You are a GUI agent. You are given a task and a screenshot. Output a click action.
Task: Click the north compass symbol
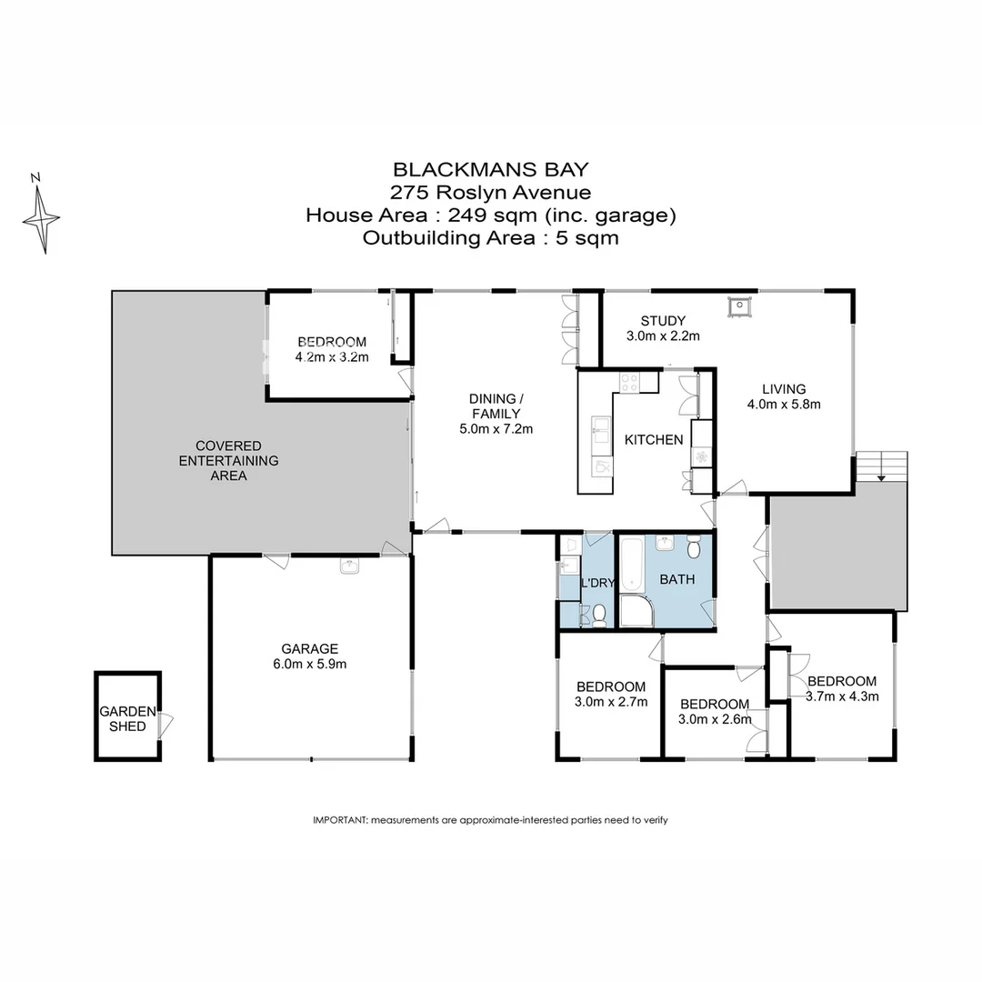pyautogui.click(x=41, y=216)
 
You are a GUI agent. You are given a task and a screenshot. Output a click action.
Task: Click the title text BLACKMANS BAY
pyautogui.click(x=490, y=169)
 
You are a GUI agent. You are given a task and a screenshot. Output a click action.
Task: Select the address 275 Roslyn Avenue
pyautogui.click(x=490, y=192)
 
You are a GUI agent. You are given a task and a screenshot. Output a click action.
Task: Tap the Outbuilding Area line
pyautogui.click(x=490, y=238)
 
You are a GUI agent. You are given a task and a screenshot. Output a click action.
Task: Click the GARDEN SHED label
pyautogui.click(x=127, y=718)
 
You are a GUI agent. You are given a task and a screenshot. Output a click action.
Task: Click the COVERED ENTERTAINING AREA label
pyautogui.click(x=228, y=460)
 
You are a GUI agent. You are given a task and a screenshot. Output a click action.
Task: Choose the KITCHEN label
pyautogui.click(x=653, y=440)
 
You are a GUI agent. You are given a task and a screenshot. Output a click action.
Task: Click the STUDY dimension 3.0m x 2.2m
pyautogui.click(x=662, y=336)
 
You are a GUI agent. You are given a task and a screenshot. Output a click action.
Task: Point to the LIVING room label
pyautogui.click(x=783, y=389)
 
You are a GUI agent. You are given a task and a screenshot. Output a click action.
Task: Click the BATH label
pyautogui.click(x=676, y=579)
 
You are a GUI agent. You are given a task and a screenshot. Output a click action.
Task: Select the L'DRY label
pyautogui.click(x=597, y=583)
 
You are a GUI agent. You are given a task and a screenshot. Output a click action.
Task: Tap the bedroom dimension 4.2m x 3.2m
pyautogui.click(x=332, y=357)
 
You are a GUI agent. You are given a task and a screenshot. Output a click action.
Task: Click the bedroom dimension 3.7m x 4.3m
pyautogui.click(x=842, y=697)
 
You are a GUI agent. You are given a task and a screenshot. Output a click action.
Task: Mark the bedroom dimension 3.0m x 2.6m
pyautogui.click(x=715, y=720)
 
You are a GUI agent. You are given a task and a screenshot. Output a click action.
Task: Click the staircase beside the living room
pyautogui.click(x=881, y=466)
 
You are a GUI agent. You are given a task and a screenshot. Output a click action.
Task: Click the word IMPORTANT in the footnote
pyautogui.click(x=340, y=820)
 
